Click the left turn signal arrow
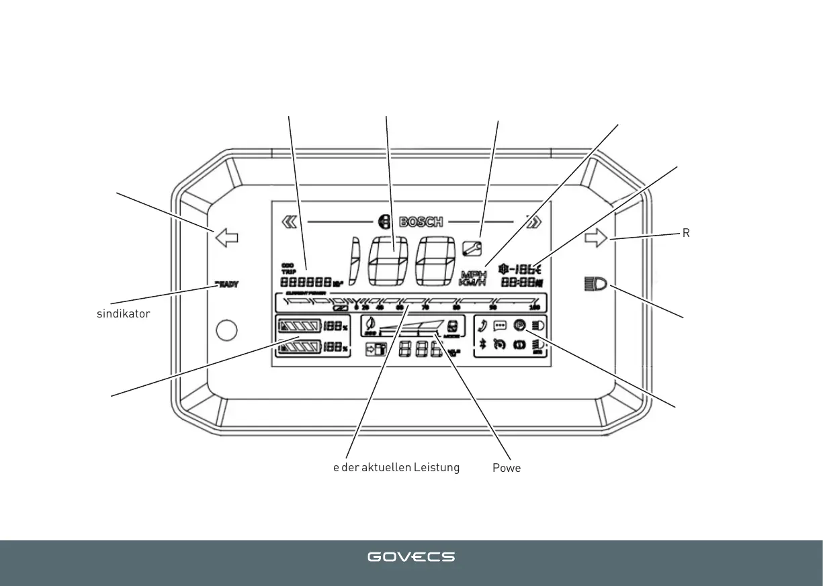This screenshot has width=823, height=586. [226, 237]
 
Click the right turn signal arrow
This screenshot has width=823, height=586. [596, 237]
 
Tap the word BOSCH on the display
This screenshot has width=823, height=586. [421, 222]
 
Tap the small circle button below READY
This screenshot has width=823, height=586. [227, 330]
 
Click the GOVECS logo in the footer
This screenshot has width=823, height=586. [411, 557]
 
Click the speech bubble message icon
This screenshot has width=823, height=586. [501, 326]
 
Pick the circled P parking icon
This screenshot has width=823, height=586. [519, 326]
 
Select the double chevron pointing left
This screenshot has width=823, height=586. [290, 222]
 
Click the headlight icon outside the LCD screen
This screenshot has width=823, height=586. [595, 285]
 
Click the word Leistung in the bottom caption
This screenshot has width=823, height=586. [437, 468]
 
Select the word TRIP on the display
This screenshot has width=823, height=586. [288, 272]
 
